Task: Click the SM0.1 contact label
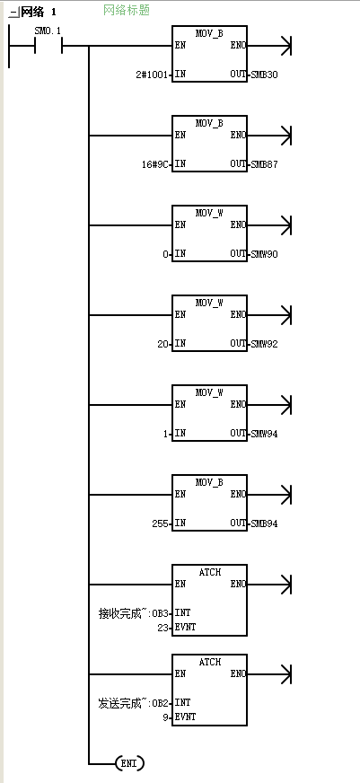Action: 48,31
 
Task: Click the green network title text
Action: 127,10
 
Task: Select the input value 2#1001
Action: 154,75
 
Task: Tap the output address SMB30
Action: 263,75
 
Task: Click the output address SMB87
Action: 263,164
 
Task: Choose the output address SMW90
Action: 263,254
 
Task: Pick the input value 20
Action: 163,344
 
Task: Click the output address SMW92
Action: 263,344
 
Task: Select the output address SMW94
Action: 263,434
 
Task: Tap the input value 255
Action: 162,523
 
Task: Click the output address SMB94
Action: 263,523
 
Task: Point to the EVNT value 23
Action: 163,627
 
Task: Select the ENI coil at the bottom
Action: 129,763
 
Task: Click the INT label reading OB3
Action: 162,613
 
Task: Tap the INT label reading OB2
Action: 162,703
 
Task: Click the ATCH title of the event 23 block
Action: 210,572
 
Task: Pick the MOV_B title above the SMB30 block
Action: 210,33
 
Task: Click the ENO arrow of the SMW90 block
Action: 268,225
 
